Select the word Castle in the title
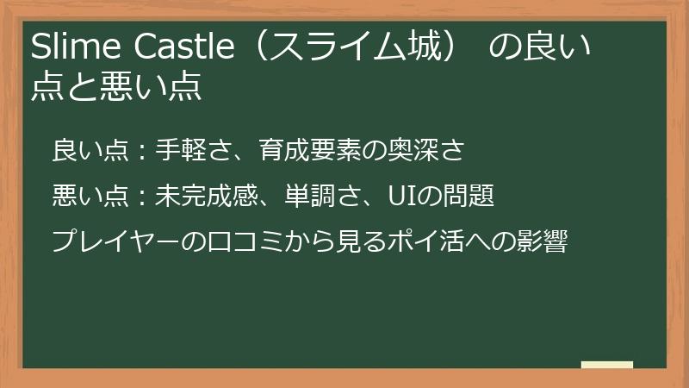coord(185,47)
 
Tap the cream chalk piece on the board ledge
coord(606,364)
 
